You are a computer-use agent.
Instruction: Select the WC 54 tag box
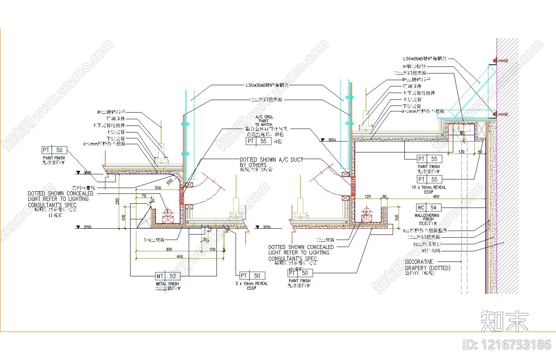tap(428, 208)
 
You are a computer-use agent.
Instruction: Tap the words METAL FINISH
tap(168, 284)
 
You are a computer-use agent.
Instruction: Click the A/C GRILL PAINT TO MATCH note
tap(264, 120)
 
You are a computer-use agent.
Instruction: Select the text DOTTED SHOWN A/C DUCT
tap(271, 160)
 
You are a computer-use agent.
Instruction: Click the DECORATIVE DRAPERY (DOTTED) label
tap(427, 265)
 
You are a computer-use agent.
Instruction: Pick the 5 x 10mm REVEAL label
tap(251, 283)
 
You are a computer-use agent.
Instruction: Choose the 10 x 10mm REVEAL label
tap(429, 187)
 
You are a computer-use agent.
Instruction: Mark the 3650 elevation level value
tap(332, 140)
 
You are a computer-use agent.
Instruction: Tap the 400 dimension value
tap(179, 257)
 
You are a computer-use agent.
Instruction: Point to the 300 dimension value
tap(169, 249)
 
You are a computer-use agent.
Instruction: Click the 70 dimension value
tap(144, 195)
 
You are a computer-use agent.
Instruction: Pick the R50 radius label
tap(170, 181)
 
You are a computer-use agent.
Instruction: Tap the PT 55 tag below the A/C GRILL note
tap(258, 141)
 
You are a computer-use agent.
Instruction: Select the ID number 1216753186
tap(507, 344)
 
